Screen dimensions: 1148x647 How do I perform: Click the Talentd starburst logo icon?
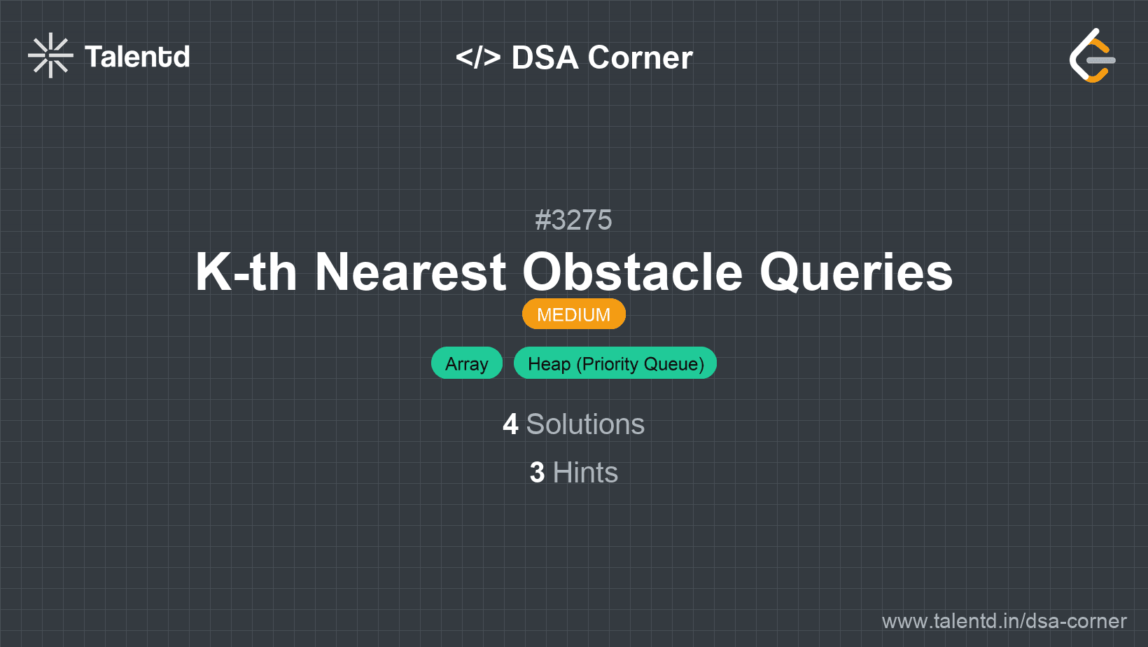point(50,55)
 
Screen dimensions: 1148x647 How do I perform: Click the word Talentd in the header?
point(136,57)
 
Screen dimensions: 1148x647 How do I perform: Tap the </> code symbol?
point(477,57)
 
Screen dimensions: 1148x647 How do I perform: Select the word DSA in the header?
point(545,57)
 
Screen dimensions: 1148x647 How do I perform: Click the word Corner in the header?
point(640,57)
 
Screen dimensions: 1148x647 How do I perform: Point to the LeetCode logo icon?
point(1092,55)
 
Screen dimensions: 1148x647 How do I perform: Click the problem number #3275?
point(573,220)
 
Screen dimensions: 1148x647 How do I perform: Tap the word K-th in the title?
point(246,272)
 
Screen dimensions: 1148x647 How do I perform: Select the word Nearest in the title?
point(410,272)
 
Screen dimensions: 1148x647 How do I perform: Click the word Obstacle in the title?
point(632,272)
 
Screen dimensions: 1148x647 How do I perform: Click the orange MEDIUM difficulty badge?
point(574,314)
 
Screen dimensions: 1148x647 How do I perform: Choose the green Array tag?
point(466,363)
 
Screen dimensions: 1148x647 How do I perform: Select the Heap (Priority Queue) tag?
point(615,363)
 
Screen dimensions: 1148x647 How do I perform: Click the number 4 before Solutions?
point(510,424)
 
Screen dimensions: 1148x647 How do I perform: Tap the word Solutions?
point(585,424)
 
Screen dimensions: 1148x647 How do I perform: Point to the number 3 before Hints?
point(537,473)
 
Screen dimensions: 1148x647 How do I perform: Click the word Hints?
point(585,472)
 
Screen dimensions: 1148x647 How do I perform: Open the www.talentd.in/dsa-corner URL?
point(1004,621)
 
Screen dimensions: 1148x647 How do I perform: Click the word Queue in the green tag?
point(673,364)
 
